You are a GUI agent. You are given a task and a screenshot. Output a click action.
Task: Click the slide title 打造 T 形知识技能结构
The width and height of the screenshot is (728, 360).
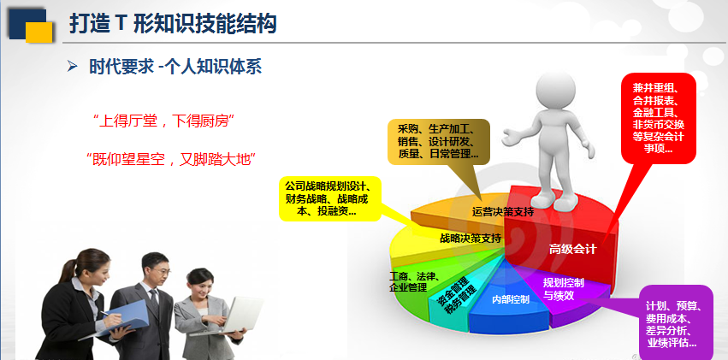(x=173, y=24)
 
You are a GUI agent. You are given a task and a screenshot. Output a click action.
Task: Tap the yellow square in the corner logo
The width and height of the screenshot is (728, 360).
(x=39, y=32)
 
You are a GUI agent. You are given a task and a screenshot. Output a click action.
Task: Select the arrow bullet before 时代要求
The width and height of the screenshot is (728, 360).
(x=72, y=67)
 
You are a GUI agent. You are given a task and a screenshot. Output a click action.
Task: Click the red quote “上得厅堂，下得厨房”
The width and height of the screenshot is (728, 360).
(x=163, y=122)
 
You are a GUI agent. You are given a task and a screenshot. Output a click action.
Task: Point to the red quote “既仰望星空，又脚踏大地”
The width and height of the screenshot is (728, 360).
(x=171, y=161)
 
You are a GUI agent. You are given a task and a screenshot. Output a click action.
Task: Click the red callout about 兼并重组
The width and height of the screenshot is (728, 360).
(x=658, y=118)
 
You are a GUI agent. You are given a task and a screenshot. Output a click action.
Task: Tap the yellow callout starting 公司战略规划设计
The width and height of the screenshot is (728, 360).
(x=330, y=198)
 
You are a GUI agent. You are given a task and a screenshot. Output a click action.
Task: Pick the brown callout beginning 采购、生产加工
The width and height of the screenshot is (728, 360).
(x=438, y=141)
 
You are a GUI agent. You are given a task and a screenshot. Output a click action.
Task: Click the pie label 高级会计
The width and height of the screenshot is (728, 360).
(x=572, y=250)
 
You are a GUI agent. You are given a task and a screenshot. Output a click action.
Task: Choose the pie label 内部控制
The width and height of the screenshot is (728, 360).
(x=510, y=299)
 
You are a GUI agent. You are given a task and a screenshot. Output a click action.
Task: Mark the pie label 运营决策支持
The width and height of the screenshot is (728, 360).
(x=503, y=212)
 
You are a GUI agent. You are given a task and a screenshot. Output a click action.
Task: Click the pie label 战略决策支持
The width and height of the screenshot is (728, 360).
(x=471, y=239)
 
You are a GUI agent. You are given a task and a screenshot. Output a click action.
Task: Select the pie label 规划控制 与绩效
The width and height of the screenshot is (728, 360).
(x=563, y=289)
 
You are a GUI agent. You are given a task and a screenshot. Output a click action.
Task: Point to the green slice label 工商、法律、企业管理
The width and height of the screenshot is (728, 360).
(x=414, y=282)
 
